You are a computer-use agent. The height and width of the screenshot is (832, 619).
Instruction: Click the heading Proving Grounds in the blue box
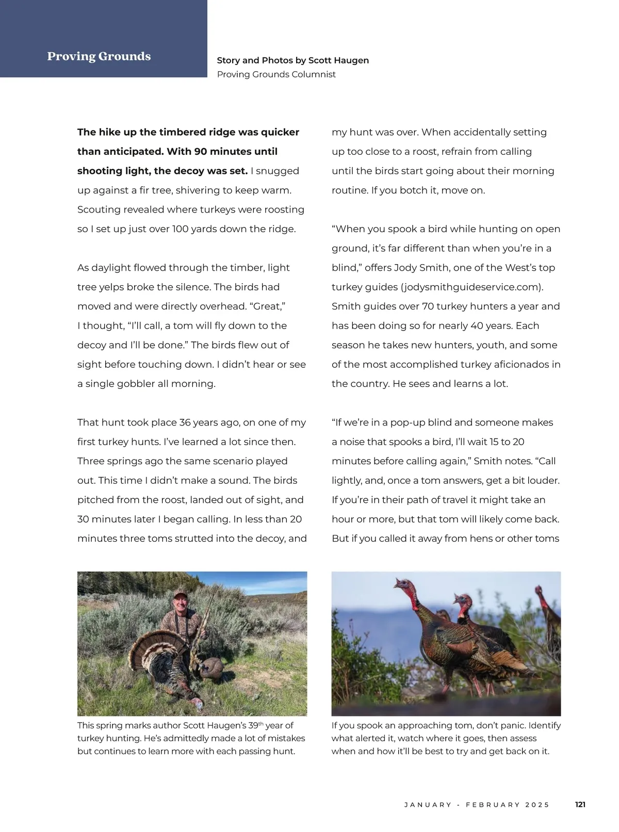pos(99,56)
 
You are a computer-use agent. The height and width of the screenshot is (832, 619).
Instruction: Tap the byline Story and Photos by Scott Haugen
pos(292,60)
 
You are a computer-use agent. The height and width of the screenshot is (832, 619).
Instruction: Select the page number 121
pos(580,804)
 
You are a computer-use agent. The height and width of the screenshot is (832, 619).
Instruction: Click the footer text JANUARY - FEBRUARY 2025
pos(477,805)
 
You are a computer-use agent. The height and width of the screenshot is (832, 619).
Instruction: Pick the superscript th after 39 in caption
pos(260,723)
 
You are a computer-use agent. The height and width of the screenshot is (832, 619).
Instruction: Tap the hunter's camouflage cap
pos(180,594)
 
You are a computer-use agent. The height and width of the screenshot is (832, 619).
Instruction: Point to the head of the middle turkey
pos(463,602)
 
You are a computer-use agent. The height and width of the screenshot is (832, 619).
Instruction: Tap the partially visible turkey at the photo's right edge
pos(551,619)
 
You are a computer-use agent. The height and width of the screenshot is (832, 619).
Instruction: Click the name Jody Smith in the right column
pos(421,268)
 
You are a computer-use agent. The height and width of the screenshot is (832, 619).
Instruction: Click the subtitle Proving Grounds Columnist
pos(276,74)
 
